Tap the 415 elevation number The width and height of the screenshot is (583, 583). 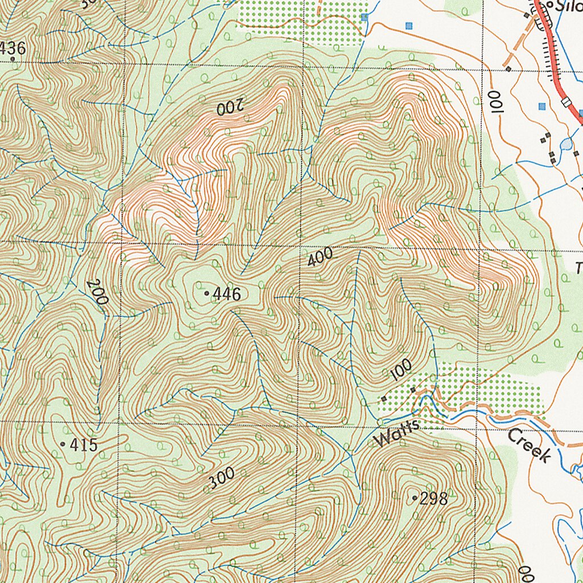click(84, 445)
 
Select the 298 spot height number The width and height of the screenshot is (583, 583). click(433, 499)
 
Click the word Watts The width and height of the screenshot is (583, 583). click(397, 434)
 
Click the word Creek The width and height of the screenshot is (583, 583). click(529, 446)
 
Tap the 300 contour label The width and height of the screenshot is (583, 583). click(221, 478)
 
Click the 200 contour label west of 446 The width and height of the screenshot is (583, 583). click(97, 292)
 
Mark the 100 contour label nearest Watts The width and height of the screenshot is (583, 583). click(401, 371)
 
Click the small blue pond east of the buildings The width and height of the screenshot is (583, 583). click(566, 145)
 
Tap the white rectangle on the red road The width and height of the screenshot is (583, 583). click(565, 102)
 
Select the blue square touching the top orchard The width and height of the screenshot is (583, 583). click(364, 18)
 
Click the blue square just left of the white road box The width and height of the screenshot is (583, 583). click(542, 106)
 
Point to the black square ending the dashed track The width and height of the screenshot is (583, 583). click(508, 69)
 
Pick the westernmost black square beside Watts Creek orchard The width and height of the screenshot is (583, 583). click(384, 399)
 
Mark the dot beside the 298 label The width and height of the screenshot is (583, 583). click(414, 498)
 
